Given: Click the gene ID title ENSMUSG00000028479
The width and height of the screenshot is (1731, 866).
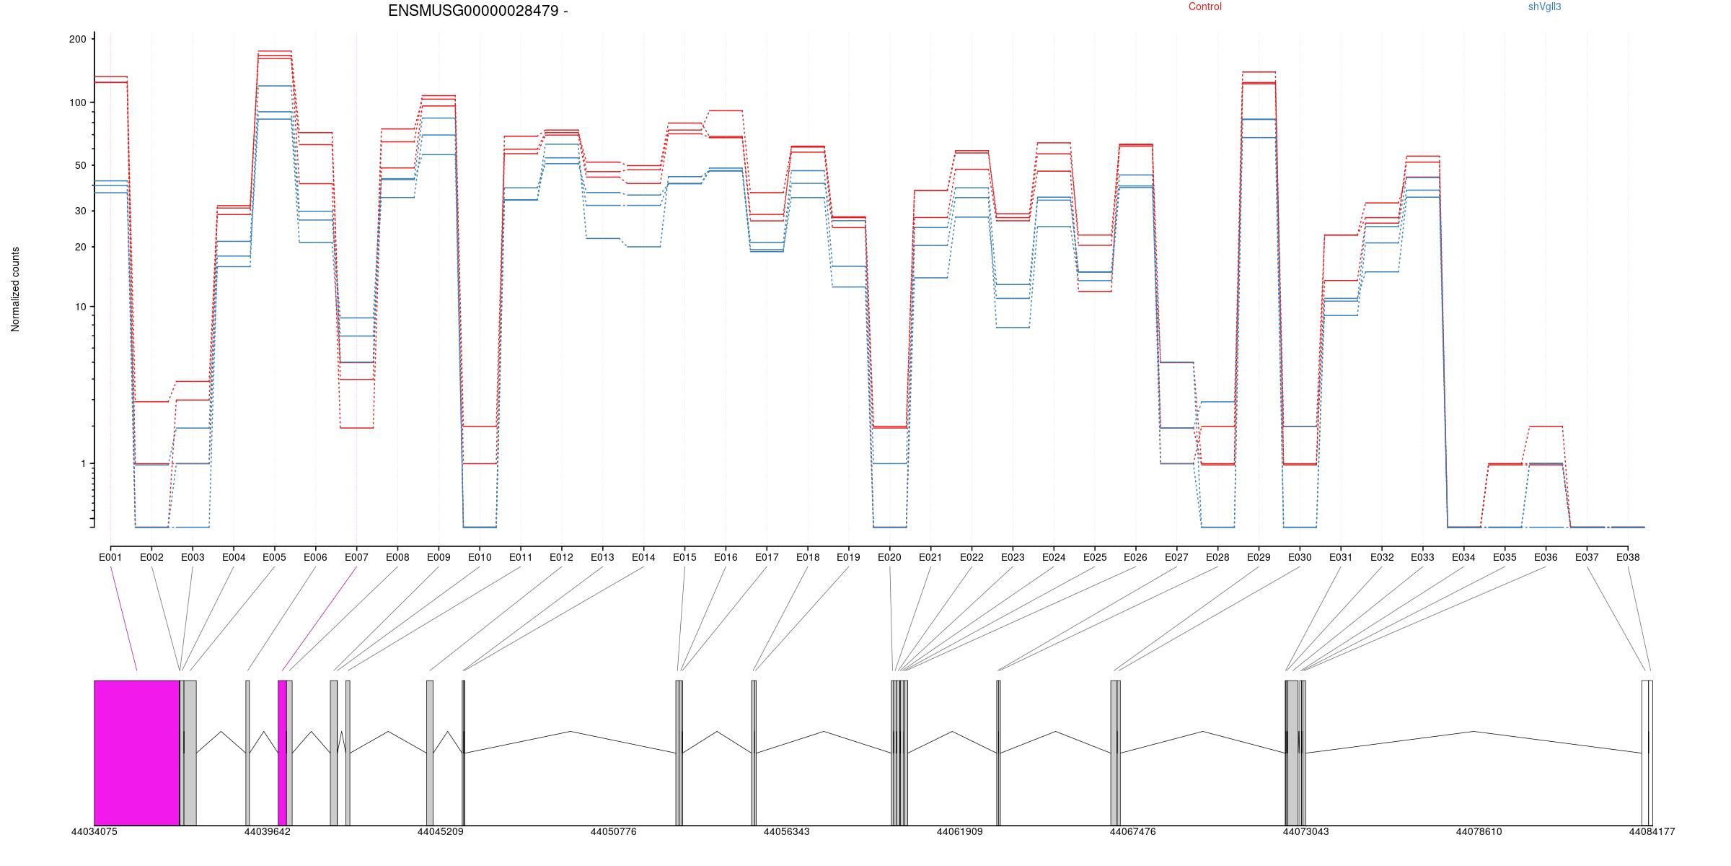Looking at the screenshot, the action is [x=472, y=11].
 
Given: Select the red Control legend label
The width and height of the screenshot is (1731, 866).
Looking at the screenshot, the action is [x=1205, y=6].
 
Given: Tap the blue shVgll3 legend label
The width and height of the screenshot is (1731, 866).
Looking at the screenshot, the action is [x=1545, y=6].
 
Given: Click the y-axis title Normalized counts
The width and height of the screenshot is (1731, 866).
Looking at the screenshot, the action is [x=15, y=289].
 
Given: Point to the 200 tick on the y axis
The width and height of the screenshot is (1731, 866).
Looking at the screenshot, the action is [x=77, y=39].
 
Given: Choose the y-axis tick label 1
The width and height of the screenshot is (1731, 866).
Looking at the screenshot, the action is [x=83, y=463].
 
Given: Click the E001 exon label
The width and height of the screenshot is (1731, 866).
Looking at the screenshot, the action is [x=110, y=557].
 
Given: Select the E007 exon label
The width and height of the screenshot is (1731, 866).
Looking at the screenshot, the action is [x=356, y=557].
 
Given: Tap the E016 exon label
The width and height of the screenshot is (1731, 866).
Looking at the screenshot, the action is [x=726, y=557].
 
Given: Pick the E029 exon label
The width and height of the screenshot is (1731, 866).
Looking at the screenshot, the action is [x=1259, y=557].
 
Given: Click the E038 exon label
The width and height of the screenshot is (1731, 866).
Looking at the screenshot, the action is [x=1628, y=557].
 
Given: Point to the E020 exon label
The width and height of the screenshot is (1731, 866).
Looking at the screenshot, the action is [x=889, y=557].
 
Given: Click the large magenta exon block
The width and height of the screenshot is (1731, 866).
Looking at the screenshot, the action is [x=136, y=753].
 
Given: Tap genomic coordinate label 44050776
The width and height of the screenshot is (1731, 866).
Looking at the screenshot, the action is [x=613, y=831].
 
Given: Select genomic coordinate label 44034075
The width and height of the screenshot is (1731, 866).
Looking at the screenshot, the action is [x=94, y=831].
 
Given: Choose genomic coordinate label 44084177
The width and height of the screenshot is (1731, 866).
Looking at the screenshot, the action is [x=1652, y=831].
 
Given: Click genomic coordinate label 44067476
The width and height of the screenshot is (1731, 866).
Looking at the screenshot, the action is [x=1132, y=831].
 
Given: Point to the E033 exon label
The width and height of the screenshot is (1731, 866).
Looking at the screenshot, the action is [x=1422, y=557].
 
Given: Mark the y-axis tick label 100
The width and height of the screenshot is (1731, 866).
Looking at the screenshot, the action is [x=77, y=102].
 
